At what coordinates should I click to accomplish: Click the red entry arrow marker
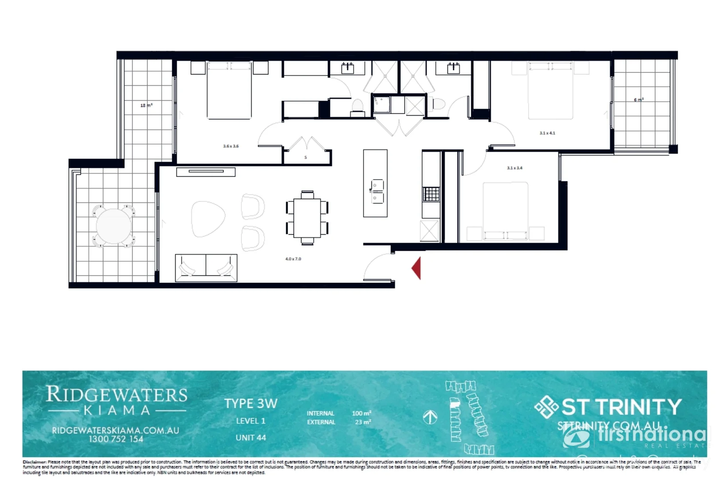coord(416,268)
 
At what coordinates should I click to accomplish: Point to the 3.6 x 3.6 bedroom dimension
coord(231,146)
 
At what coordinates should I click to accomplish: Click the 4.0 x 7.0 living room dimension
coord(293,259)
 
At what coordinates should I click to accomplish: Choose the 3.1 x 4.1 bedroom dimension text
coord(547,133)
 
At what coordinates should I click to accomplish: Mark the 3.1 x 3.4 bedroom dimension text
coord(514,168)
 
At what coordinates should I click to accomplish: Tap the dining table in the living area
coord(307,217)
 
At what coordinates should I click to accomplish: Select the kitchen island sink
coord(377,191)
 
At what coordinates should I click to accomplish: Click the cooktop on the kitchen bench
coord(431,194)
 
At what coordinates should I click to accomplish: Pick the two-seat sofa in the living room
coord(206,267)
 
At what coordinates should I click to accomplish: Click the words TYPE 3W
coord(250,404)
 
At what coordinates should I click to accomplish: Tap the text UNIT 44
coord(250,438)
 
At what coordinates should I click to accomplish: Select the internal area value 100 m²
coord(361,413)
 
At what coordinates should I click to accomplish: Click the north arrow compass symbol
coord(430,417)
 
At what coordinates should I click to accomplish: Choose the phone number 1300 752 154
coord(116,439)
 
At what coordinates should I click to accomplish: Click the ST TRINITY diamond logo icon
coord(546,407)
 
